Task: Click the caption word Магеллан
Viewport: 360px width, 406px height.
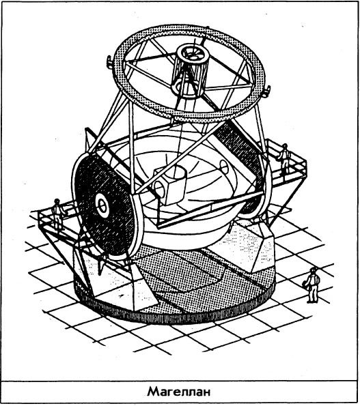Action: [178, 392]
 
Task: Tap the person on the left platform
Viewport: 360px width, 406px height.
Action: [58, 214]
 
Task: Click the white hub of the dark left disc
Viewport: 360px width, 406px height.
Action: [102, 205]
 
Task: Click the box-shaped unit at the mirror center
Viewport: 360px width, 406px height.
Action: [170, 184]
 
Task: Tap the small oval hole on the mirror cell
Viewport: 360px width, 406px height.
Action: [224, 167]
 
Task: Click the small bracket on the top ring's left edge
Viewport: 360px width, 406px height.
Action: [110, 62]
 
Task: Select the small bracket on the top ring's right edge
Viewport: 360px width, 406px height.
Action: [266, 91]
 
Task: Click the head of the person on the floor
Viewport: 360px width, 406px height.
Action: [314, 270]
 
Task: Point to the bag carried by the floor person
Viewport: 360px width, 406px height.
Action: [305, 284]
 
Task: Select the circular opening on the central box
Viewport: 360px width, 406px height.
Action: [158, 188]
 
